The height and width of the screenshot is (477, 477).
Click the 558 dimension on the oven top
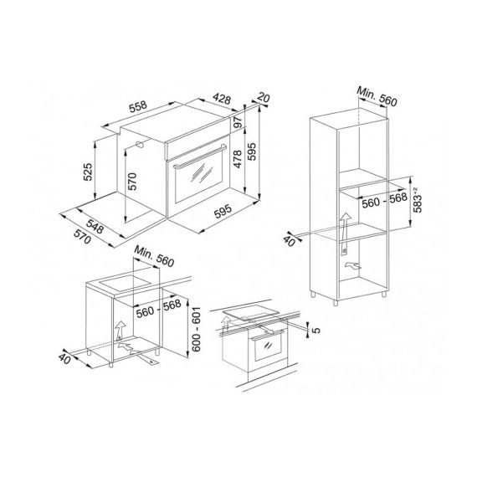[x=138, y=106]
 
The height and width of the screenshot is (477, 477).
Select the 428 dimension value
[x=222, y=99]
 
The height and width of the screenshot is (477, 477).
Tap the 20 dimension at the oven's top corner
[x=264, y=98]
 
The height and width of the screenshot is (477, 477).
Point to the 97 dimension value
[x=238, y=122]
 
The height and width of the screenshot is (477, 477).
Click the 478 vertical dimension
[x=238, y=159]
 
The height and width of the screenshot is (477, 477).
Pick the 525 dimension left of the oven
[x=88, y=172]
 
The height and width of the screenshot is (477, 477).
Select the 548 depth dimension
[x=95, y=226]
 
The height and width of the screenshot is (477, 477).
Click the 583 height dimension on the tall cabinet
[x=418, y=200]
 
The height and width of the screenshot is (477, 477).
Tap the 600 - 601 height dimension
[x=197, y=329]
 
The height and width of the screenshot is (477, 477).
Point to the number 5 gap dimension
[x=316, y=330]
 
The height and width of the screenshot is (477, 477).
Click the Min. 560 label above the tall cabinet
[x=377, y=97]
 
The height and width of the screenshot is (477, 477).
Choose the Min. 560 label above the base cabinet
[x=154, y=256]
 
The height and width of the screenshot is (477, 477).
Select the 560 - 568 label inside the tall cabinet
[x=384, y=200]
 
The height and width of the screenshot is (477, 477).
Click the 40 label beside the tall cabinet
[x=290, y=241]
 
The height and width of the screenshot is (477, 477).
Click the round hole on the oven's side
[x=141, y=145]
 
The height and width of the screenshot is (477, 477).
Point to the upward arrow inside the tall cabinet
[x=345, y=233]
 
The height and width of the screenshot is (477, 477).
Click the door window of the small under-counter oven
[x=268, y=348]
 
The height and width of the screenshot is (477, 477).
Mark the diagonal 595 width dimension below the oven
[x=223, y=212]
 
